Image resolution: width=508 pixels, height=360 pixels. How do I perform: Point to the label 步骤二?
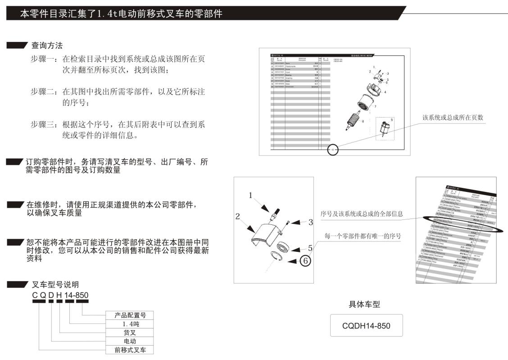coord(44,92)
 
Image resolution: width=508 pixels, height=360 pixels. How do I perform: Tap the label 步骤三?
coord(44,124)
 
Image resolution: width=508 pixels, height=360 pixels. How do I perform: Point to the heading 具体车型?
coord(364,305)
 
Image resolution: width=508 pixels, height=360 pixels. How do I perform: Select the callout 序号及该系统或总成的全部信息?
coord(362,214)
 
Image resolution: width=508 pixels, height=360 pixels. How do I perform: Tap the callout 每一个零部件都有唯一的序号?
coord(363,236)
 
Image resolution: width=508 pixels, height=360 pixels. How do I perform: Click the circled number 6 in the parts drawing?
coord(304,260)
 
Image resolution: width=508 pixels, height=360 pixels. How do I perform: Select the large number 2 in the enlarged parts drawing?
coord(237,216)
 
